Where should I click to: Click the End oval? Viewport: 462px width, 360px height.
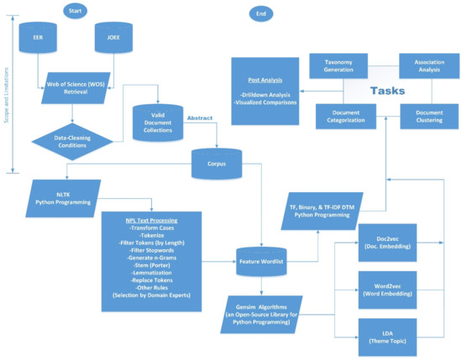click(x=261, y=13)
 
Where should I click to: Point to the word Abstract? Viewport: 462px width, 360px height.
click(x=200, y=118)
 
